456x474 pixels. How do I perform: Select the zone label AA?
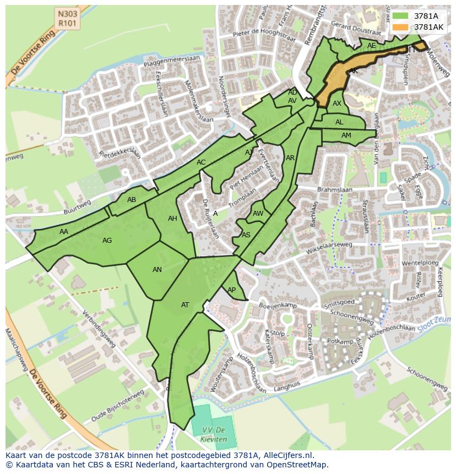click(x=64, y=232)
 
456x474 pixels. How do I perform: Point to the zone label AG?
click(x=107, y=241)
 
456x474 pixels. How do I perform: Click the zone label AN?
click(x=157, y=270)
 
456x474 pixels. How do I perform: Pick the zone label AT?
click(x=185, y=305)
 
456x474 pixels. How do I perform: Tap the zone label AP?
click(x=232, y=290)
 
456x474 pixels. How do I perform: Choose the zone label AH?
click(x=172, y=219)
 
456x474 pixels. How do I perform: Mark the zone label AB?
click(x=132, y=200)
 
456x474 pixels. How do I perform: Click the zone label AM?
click(x=346, y=135)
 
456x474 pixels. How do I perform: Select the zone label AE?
click(x=372, y=46)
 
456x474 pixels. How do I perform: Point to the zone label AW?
click(x=258, y=214)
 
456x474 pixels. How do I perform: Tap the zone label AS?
click(x=246, y=235)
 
